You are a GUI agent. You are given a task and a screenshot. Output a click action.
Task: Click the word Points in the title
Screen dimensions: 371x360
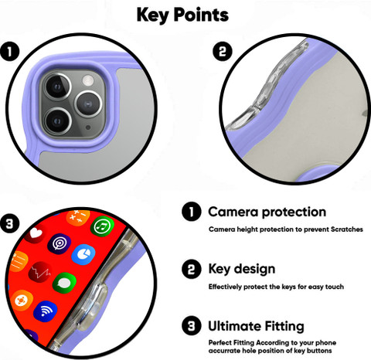pos(201,15)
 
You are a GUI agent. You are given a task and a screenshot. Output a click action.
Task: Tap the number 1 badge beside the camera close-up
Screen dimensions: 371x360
pos(9,52)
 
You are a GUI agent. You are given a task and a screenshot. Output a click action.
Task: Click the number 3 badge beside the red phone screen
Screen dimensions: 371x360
pos(9,223)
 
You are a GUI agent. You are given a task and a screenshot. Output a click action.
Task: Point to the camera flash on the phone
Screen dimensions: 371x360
pos(88,80)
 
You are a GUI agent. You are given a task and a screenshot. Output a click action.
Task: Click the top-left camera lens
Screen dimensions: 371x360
pos(57,87)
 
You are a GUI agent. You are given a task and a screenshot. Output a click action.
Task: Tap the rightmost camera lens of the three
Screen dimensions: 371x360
pos(88,104)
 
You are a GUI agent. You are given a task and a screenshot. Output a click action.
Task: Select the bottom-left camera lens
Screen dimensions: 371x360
pos(57,121)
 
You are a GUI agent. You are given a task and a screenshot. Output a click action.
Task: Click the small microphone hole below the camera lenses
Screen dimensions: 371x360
pos(88,127)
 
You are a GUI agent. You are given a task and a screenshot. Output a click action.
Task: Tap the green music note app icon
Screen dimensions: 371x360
pos(102,226)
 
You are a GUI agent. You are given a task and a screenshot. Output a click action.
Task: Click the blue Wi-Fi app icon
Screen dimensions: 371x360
pos(46,311)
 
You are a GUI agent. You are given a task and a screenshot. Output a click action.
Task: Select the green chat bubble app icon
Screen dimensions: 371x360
pos(64,283)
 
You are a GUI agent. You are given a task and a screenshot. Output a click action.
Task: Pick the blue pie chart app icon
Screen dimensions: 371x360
pos(83,254)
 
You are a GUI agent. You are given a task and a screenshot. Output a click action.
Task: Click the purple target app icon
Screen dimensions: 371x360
pos(59,244)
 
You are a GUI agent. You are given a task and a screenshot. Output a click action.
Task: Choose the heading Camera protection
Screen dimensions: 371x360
pos(267,212)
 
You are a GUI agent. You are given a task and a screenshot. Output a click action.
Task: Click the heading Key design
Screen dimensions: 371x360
pos(242,269)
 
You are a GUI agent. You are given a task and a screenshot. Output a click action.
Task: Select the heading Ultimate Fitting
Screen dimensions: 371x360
pos(256,326)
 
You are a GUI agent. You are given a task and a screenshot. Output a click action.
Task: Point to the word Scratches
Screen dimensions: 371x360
pos(347,229)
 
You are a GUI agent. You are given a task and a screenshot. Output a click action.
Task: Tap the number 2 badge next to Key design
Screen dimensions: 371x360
pos(192,269)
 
